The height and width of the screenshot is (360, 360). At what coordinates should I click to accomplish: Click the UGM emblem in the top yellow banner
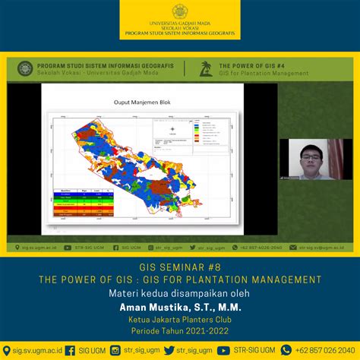coord(180,11)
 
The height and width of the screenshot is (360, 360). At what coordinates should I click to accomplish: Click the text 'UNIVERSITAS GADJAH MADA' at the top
coord(180,24)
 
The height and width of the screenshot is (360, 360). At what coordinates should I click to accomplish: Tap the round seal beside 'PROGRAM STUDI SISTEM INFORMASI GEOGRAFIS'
coord(24,68)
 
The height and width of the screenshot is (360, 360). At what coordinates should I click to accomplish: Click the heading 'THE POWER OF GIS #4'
coord(250,65)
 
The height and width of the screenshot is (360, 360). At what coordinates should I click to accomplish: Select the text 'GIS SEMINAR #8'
coord(180,267)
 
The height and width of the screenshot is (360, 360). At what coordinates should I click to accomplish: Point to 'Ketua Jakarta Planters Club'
coord(180,320)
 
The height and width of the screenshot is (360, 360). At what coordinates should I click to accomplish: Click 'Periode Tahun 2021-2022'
coord(180,331)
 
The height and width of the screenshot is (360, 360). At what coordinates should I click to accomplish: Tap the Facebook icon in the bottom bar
coord(70,350)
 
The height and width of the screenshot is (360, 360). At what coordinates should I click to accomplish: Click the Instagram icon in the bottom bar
coord(116,350)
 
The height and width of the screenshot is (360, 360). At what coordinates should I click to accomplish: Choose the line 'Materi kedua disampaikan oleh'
coord(180,293)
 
